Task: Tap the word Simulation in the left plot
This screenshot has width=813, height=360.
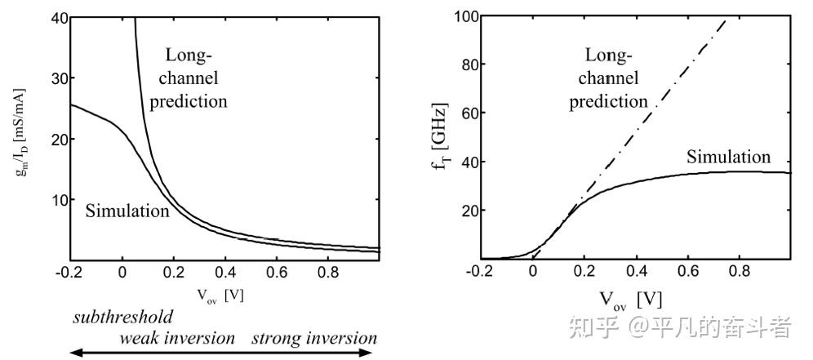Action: pyautogui.click(x=127, y=211)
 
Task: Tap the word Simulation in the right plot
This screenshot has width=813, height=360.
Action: pyautogui.click(x=728, y=157)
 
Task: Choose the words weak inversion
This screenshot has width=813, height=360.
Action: pyautogui.click(x=177, y=338)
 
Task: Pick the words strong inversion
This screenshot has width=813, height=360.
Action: pyautogui.click(x=314, y=338)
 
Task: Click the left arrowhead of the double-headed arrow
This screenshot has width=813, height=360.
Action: pyautogui.click(x=74, y=352)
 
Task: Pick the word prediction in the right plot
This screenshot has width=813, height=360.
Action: pyautogui.click(x=606, y=101)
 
